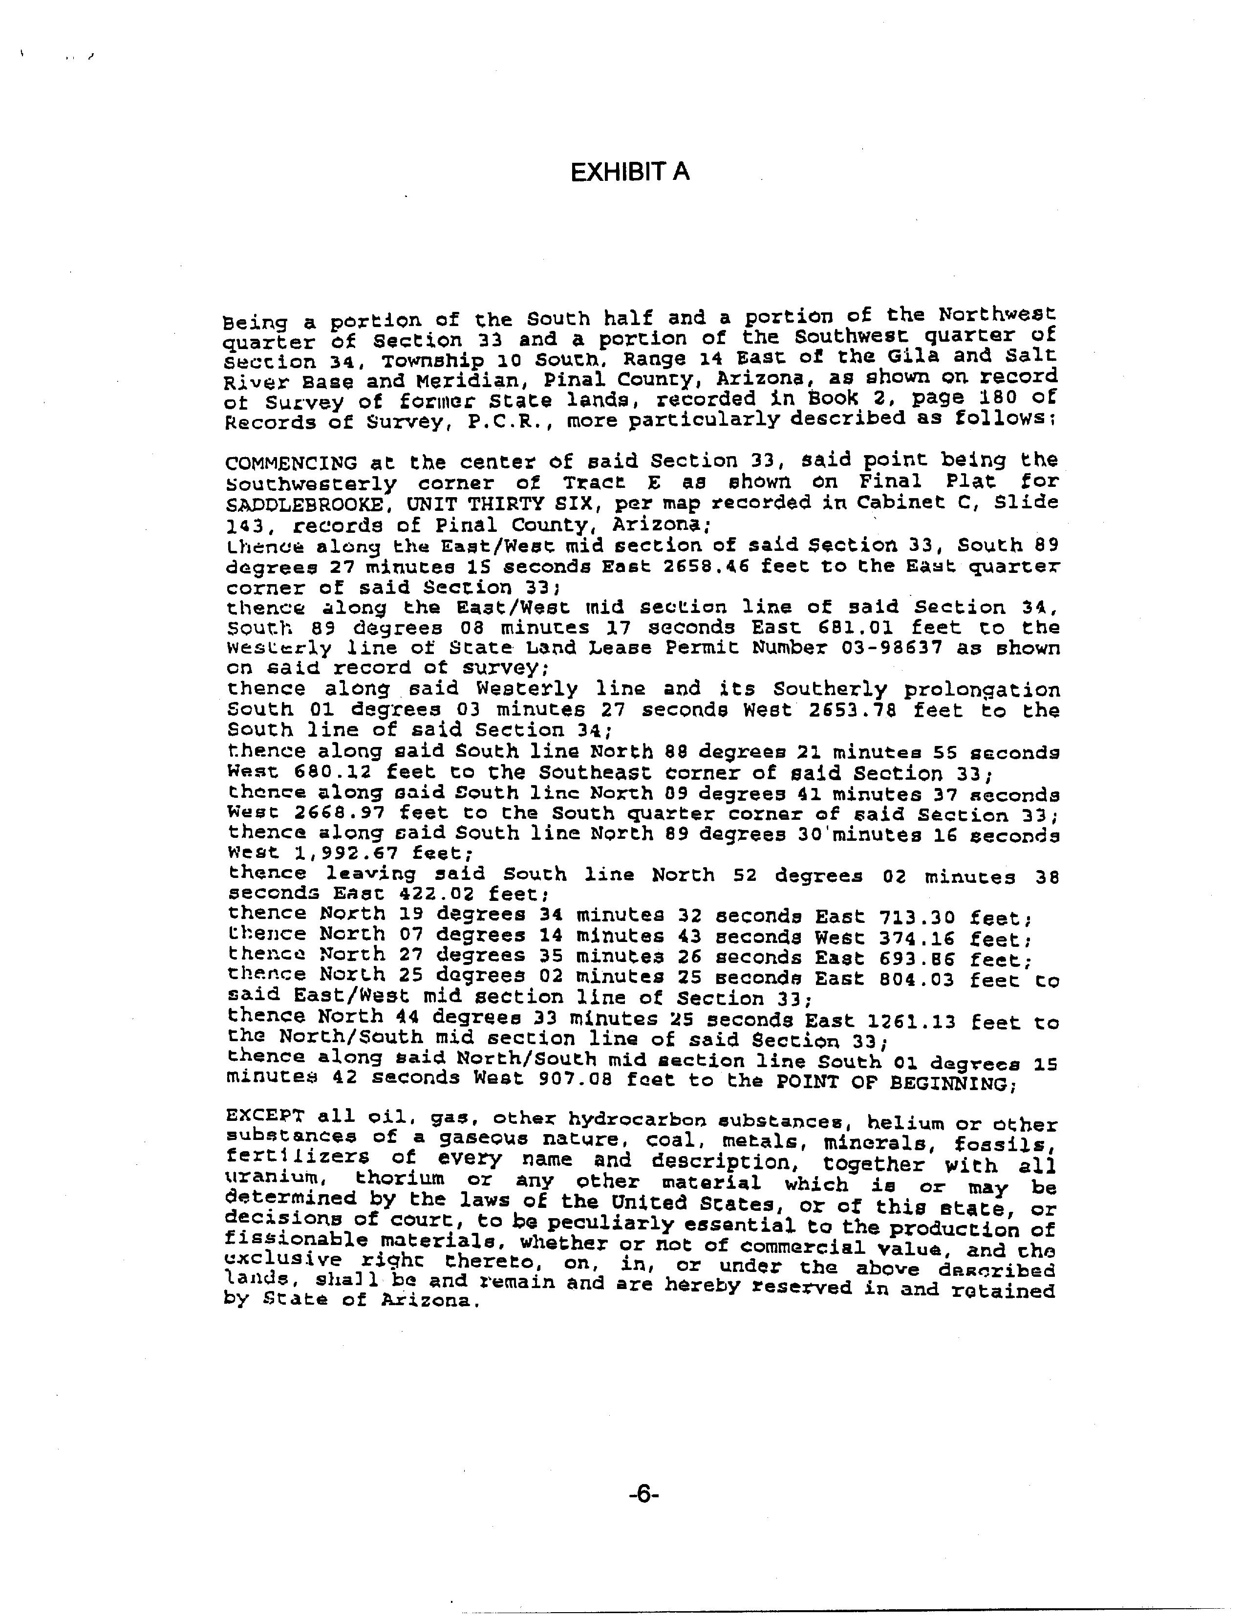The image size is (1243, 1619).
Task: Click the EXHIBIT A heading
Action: (x=630, y=173)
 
